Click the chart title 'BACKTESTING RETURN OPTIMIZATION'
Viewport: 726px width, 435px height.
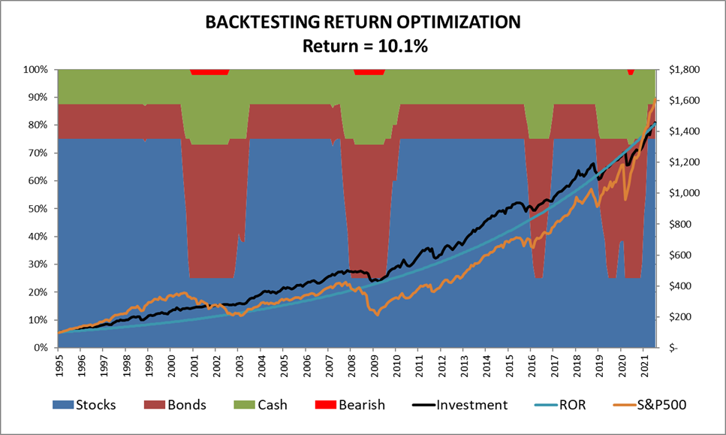(x=363, y=23)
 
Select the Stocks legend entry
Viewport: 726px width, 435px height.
(x=83, y=405)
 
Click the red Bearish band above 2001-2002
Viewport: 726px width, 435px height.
(x=209, y=72)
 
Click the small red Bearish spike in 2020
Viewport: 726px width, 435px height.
(x=631, y=72)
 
